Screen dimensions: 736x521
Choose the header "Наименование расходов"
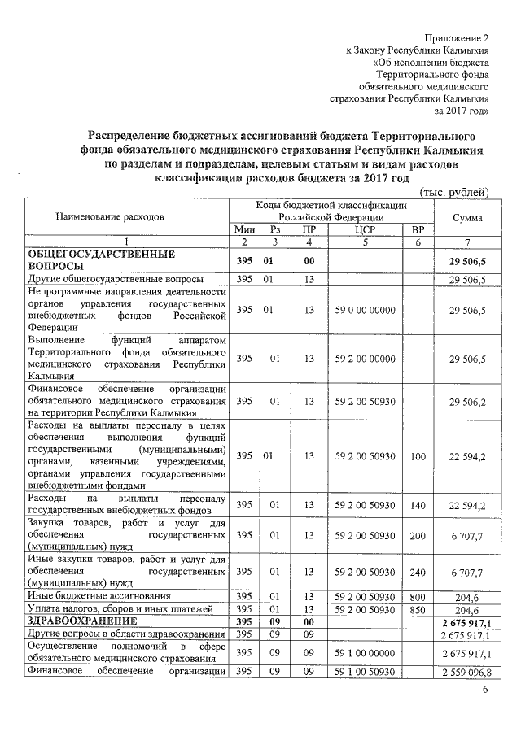(110, 217)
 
